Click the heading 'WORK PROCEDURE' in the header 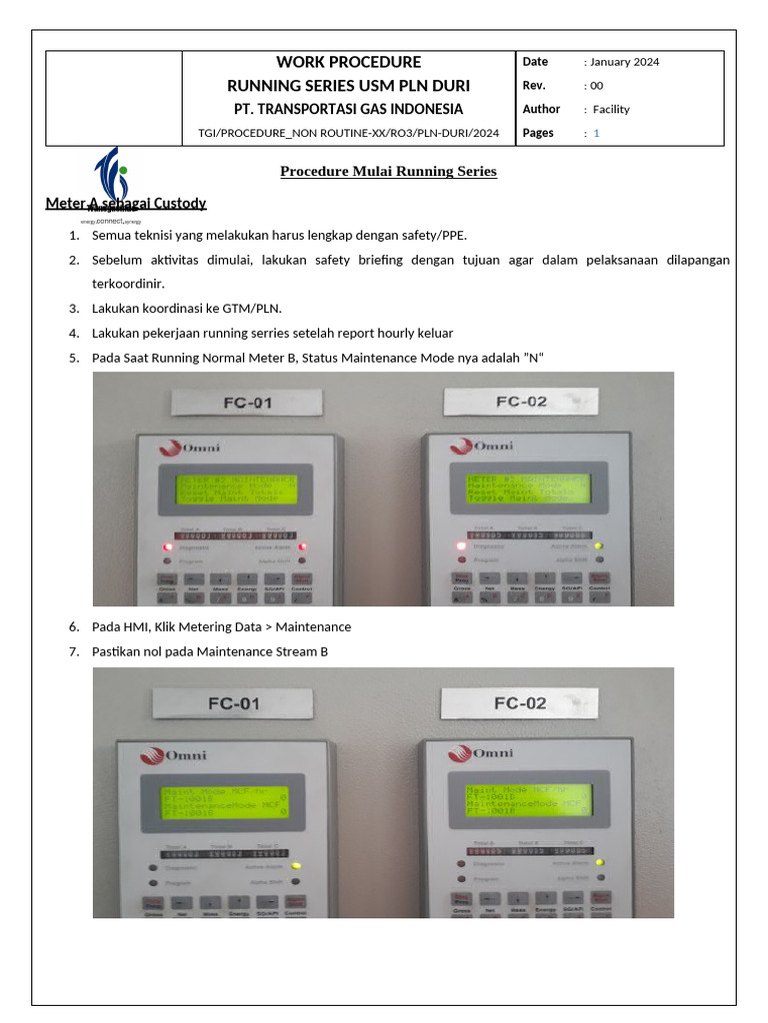[x=348, y=62]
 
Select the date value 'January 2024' [x=624, y=62]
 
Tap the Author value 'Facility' [x=611, y=110]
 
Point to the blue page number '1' [x=597, y=133]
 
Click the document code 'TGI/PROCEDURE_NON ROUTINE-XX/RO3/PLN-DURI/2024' [x=348, y=133]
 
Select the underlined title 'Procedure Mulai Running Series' [x=388, y=171]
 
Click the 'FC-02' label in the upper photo [x=521, y=402]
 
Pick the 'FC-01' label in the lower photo [x=234, y=703]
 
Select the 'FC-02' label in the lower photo [x=520, y=702]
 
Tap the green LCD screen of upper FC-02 [x=527, y=487]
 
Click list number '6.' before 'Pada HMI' [x=74, y=627]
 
